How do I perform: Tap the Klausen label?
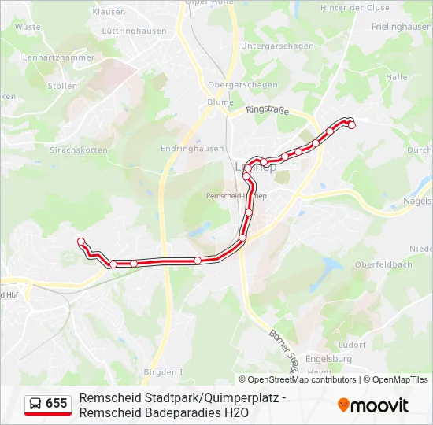tap(109, 12)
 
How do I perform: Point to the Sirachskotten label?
tap(79, 149)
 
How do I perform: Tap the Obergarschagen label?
tap(242, 84)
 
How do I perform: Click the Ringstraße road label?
tap(268, 111)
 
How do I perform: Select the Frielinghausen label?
tap(401, 26)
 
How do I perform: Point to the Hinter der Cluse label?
tap(355, 7)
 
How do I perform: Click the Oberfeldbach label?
tap(383, 264)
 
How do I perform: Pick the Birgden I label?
tap(163, 371)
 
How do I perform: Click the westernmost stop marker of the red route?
tap(80, 242)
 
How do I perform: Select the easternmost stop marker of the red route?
tap(352, 125)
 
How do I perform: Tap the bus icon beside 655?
tap(35, 404)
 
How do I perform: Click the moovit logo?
tap(373, 405)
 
